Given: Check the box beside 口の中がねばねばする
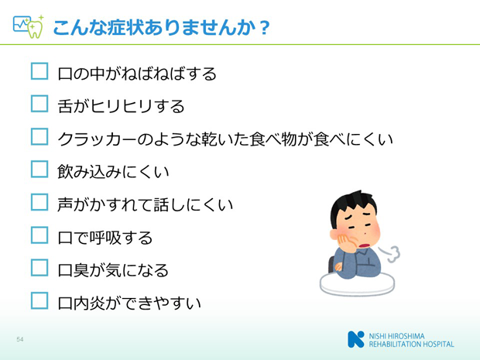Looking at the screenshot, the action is click(x=39, y=71).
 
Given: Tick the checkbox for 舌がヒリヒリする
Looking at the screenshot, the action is click(x=39, y=104).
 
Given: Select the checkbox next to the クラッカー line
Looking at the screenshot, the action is click(x=39, y=136).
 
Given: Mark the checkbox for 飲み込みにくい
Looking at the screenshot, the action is click(x=39, y=170).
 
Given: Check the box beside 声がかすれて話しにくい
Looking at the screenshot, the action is click(x=39, y=202).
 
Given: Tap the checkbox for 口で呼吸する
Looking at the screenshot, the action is click(x=39, y=235).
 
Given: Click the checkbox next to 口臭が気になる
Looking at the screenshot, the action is click(x=39, y=268).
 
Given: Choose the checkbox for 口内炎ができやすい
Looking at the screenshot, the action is click(x=39, y=300).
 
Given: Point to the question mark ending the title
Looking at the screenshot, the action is click(x=264, y=28).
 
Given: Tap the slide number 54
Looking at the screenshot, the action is click(x=20, y=339).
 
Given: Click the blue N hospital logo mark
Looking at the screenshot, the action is click(x=356, y=339).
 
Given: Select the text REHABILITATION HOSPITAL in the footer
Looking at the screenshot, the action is click(x=411, y=344).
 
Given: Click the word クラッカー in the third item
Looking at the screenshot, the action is click(x=97, y=139).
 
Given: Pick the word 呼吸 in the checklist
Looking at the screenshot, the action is click(x=105, y=238).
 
